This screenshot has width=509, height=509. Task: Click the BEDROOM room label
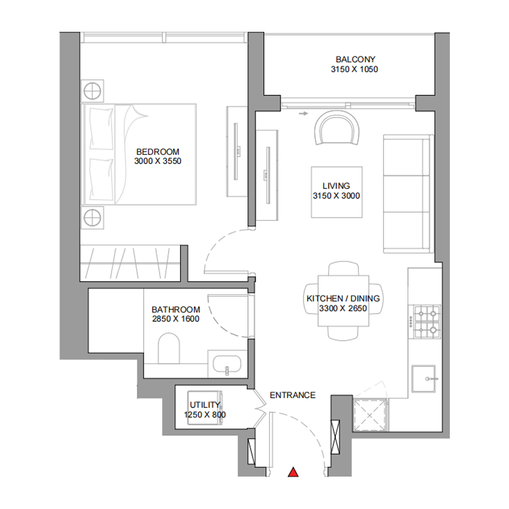(x=158, y=151)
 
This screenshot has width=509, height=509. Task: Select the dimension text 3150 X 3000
(x=337, y=196)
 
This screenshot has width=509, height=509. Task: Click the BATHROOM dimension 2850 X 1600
(x=176, y=319)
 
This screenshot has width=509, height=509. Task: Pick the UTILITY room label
(x=205, y=405)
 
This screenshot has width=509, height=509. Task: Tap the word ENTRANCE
(x=293, y=395)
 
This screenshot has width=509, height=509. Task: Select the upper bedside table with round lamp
(x=93, y=90)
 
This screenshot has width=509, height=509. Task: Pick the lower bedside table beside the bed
(x=93, y=218)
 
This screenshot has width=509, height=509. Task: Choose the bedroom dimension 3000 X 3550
(x=158, y=162)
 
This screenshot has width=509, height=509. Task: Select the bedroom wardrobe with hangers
(x=130, y=261)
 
